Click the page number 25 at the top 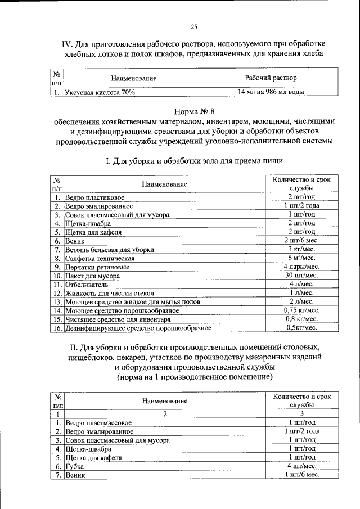(193, 27)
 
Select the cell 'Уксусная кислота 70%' (100, 92)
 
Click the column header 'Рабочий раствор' (271, 78)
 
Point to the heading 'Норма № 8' (193, 111)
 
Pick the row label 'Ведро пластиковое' (94, 197)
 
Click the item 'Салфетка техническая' (99, 258)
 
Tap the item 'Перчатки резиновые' (97, 267)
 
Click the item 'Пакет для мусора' (92, 276)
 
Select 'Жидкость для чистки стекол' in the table (109, 293)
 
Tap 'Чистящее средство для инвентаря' (118, 319)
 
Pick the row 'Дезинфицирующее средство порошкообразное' (138, 327)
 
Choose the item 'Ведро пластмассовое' (98, 422)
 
